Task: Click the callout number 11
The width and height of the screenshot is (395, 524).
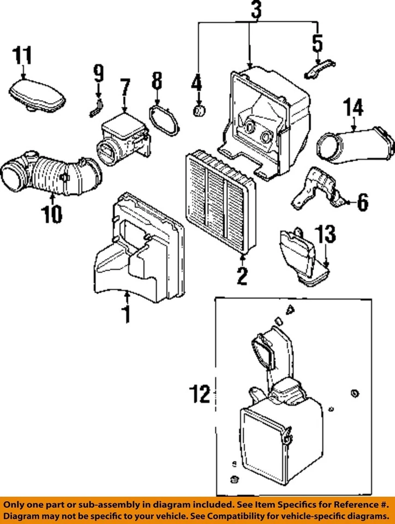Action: tap(22, 55)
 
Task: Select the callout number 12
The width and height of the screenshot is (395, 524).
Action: tap(200, 394)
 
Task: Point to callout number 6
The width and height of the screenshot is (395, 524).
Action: tap(363, 202)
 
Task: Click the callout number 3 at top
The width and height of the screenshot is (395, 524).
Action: tap(256, 10)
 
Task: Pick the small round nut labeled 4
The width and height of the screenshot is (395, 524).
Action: tap(199, 110)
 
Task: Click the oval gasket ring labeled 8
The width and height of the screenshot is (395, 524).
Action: tap(164, 121)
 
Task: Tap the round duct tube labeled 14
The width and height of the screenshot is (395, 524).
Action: tap(355, 146)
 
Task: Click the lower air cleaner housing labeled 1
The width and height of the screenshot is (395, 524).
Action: tap(139, 247)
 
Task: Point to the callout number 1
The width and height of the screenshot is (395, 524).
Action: tap(126, 314)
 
